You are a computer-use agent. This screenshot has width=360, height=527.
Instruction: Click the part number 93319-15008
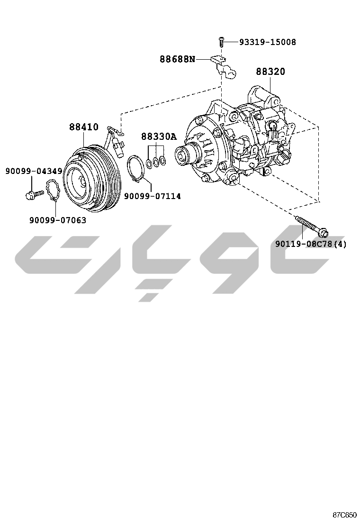(x=268, y=42)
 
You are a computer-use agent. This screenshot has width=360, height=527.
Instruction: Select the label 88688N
(x=177, y=60)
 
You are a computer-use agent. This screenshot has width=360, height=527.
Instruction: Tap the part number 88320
(x=270, y=71)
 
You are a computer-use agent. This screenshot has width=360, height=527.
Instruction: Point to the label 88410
(x=84, y=127)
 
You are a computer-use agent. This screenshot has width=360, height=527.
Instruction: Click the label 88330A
(x=159, y=136)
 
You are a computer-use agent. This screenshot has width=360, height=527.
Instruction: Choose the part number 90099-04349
(x=34, y=171)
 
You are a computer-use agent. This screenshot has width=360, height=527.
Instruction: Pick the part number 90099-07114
(x=153, y=196)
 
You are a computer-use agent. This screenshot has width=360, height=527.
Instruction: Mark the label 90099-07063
(x=58, y=220)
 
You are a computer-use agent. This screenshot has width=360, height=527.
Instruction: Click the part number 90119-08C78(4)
(x=311, y=244)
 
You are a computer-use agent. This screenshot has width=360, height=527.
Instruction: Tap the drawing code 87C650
(x=344, y=515)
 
